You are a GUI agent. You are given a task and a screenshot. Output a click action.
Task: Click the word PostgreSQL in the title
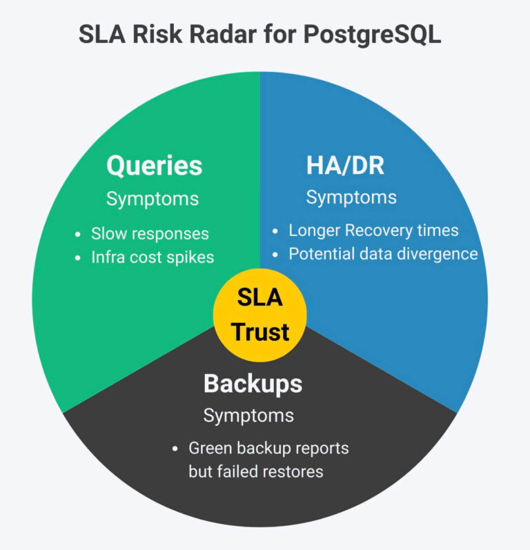(x=372, y=35)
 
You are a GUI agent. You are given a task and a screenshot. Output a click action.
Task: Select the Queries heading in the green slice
(x=155, y=166)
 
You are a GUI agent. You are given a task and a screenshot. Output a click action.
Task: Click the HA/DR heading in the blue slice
(x=345, y=165)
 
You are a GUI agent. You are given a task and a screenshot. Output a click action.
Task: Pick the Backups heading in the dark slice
(x=253, y=384)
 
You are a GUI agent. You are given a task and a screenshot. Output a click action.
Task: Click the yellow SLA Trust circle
(x=260, y=315)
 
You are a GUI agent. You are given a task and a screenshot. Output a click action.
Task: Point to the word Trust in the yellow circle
(x=260, y=332)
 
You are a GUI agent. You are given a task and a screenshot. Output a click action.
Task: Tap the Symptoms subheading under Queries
(x=153, y=199)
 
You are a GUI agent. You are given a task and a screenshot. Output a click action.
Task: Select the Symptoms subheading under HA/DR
(x=351, y=197)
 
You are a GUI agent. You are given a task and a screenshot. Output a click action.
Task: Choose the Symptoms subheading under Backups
(x=248, y=416)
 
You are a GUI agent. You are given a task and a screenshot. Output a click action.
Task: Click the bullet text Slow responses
(x=150, y=234)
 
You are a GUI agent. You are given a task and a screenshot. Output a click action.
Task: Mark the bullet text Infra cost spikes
(x=153, y=257)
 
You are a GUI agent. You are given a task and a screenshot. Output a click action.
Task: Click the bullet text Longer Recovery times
(x=373, y=230)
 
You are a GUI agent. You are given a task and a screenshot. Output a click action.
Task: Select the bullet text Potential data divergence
(x=384, y=253)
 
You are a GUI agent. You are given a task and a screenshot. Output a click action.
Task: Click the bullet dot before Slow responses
(x=78, y=235)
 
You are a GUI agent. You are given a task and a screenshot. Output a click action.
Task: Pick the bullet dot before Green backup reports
(x=175, y=449)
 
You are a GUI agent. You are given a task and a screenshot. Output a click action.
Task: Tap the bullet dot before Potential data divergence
(x=275, y=255)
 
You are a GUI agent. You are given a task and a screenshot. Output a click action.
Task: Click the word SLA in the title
(x=102, y=34)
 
